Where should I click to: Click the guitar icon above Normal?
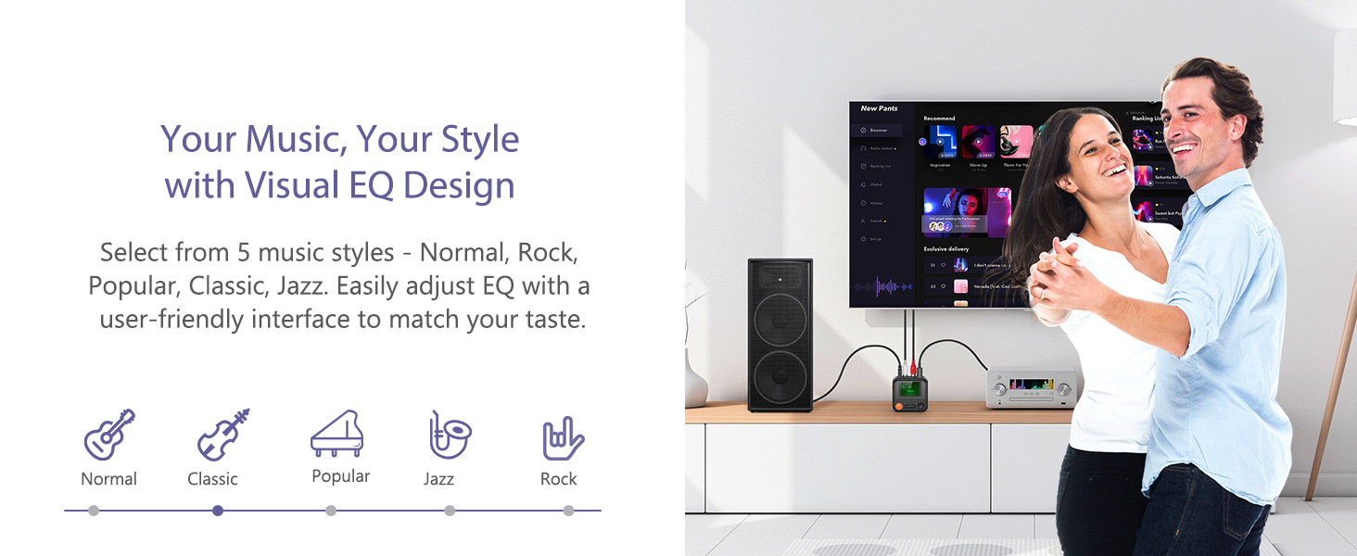pyautogui.click(x=109, y=435)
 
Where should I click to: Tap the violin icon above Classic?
pyautogui.click(x=223, y=435)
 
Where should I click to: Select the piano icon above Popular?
pyautogui.click(x=336, y=434)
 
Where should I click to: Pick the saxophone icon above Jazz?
pyautogui.click(x=450, y=435)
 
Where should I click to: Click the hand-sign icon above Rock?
pyautogui.click(x=563, y=438)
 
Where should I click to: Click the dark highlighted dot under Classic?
pyautogui.click(x=218, y=511)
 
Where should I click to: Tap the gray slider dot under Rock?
pyautogui.click(x=568, y=511)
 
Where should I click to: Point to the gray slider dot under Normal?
pyautogui.click(x=93, y=511)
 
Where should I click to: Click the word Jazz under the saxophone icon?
pyautogui.click(x=438, y=479)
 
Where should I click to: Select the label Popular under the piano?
pyautogui.click(x=340, y=476)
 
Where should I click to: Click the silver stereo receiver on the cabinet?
pyautogui.click(x=1031, y=386)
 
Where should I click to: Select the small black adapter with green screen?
pyautogui.click(x=909, y=393)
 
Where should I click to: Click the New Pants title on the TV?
pyautogui.click(x=879, y=108)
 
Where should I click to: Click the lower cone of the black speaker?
pyautogui.click(x=780, y=376)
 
